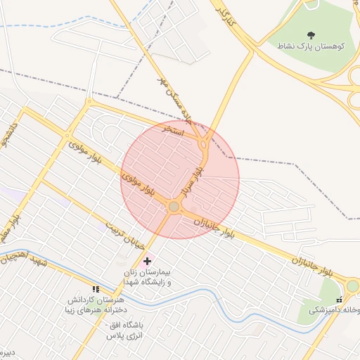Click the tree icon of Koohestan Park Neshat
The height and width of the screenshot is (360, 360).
point(311,34)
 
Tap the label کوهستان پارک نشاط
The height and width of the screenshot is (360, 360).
point(311,46)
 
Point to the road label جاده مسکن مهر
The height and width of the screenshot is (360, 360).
point(174,99)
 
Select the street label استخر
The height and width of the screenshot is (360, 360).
point(172,131)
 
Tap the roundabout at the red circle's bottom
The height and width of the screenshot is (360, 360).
point(174,206)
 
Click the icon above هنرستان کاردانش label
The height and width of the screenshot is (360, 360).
point(96,289)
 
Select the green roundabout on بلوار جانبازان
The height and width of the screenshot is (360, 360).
point(352,285)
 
